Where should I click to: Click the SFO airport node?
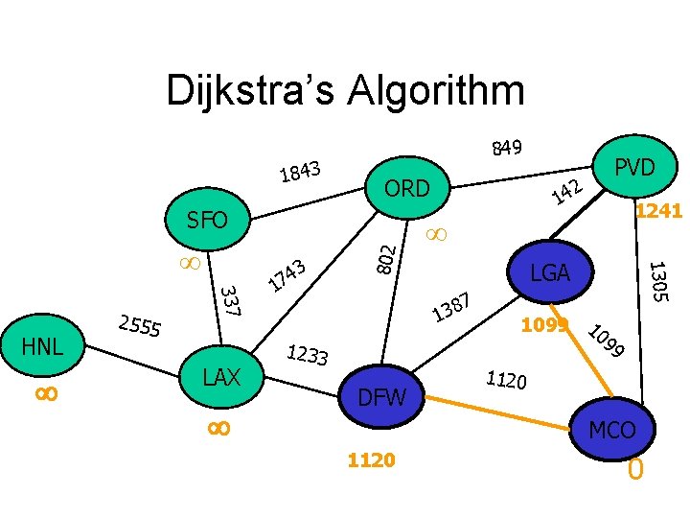207,222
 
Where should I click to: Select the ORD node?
407,189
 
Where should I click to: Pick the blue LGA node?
551,274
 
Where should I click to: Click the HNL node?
43,345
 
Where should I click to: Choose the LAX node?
221,376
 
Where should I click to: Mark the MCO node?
612,430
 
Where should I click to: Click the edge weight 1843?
299,171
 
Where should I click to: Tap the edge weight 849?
506,148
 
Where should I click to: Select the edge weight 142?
568,192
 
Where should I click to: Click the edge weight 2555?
138,328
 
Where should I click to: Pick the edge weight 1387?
450,308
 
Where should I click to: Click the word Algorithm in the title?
430,92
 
